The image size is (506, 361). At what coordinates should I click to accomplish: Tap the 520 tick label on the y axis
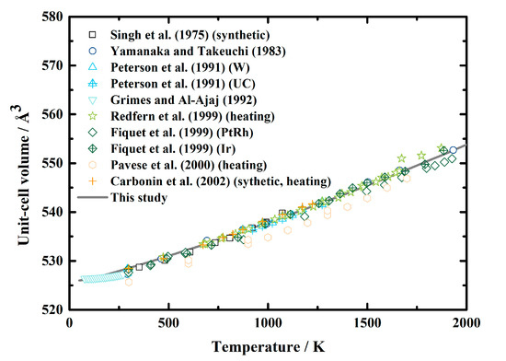(x=52, y=309)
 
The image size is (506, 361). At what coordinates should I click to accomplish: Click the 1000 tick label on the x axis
(x=268, y=323)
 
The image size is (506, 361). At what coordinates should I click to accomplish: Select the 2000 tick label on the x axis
(x=466, y=323)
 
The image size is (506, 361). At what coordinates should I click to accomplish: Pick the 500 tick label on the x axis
(x=168, y=323)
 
